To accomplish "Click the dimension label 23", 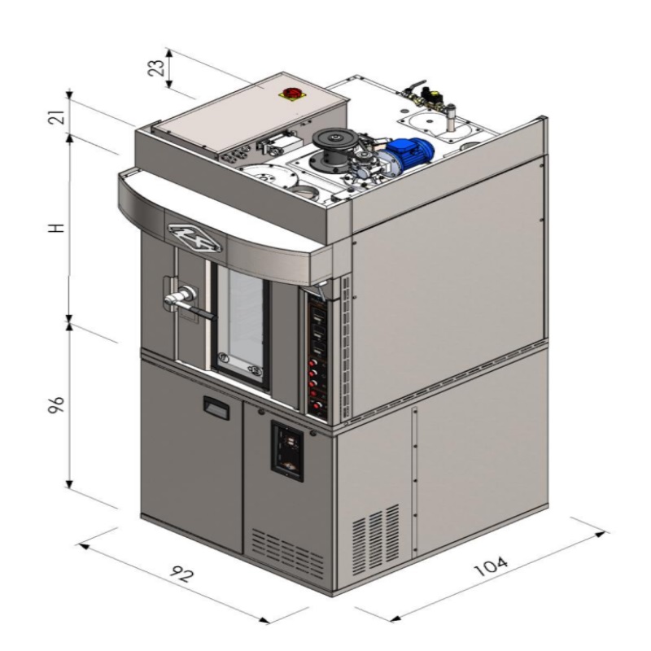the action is pyautogui.click(x=156, y=68).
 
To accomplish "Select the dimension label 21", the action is pyautogui.click(x=57, y=117).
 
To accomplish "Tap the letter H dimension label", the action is pyautogui.click(x=57, y=228).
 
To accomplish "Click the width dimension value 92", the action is pyautogui.click(x=181, y=575).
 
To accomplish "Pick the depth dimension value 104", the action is pyautogui.click(x=492, y=566).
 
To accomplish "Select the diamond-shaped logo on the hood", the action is pyautogui.click(x=195, y=238).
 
